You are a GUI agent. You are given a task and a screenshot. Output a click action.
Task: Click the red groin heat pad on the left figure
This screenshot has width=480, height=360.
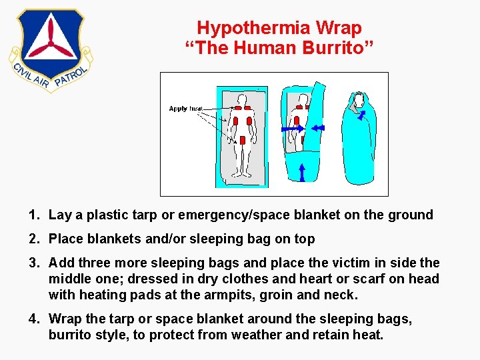[x=243, y=141]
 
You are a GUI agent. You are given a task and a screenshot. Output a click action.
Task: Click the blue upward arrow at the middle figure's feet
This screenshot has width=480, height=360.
[x=301, y=172]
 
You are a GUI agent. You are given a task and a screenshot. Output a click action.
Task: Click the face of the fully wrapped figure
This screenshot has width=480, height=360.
[x=359, y=102]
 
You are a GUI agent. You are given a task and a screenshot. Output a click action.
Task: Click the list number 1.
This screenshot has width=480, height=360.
[x=33, y=215]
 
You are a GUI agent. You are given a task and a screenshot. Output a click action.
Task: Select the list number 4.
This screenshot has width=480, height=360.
[x=33, y=319]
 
